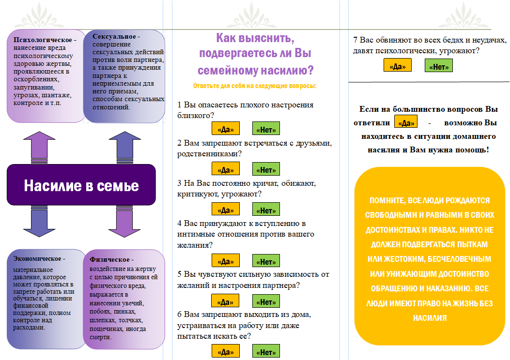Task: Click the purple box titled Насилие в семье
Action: coord(81,185)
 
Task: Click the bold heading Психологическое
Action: coord(43,40)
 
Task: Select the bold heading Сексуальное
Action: coord(114,36)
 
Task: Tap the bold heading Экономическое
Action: coord(37,258)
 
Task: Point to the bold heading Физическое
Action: coord(109,260)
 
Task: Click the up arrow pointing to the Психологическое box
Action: coord(39,147)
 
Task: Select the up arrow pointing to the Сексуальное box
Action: coord(124,147)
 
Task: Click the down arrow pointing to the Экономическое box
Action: coord(39,221)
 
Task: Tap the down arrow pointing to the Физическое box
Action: coord(124,221)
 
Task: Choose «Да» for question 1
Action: coord(225,129)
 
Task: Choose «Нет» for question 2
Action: coord(266,169)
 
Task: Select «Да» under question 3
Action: coord(225,209)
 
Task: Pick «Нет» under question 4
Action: coord(266,261)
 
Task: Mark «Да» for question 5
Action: coord(225,301)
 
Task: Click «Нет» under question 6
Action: coord(266,351)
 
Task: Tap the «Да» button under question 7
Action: coord(398,65)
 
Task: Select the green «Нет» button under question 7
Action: coord(438,66)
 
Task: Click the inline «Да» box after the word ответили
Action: coord(405,122)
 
